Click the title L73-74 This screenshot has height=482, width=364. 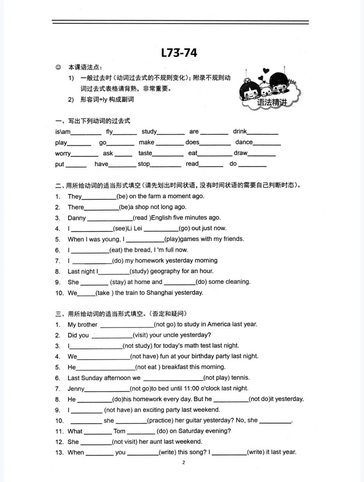coord(179,53)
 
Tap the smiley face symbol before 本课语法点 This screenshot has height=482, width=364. coord(58,67)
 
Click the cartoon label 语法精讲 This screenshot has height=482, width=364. coord(272,102)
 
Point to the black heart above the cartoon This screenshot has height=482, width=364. coord(266,71)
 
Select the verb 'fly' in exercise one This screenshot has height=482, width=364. coord(110,132)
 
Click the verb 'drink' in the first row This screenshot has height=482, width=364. coord(240,131)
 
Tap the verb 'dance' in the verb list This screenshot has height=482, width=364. coord(244,142)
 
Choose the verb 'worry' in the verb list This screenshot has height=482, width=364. coord(63,154)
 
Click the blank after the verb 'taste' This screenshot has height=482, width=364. coord(168,154)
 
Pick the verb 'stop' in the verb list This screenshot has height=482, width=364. coord(144,164)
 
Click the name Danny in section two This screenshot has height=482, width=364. coord(77,218)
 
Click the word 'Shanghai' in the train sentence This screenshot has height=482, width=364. coord(160,293)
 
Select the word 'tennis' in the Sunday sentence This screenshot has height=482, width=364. coord(240,378)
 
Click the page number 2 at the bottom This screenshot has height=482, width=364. coord(184,462)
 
